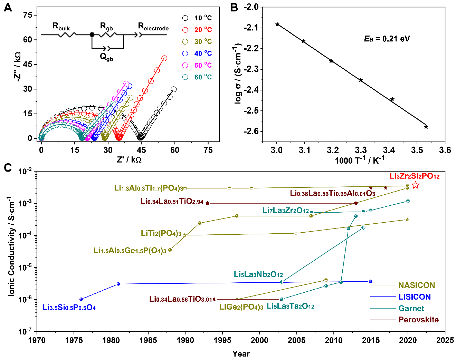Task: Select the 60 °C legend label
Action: point(203,77)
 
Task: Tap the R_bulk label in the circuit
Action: point(61,27)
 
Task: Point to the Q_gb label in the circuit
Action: point(106,57)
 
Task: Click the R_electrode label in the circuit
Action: point(153,27)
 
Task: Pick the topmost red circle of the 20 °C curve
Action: point(164,58)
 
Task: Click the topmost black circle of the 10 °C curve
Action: point(174,89)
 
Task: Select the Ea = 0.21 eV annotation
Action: point(387,39)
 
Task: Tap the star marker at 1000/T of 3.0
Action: point(277,25)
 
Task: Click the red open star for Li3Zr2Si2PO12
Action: point(416,185)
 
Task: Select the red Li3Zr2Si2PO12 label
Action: point(415,176)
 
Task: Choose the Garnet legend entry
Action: point(411,308)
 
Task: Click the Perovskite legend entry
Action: point(418,320)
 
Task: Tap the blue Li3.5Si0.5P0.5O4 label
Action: point(69,307)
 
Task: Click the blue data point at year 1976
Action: point(81,299)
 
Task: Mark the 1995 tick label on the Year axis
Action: point(222,340)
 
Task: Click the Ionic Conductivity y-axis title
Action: point(11,246)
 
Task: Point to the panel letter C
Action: point(8,168)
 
